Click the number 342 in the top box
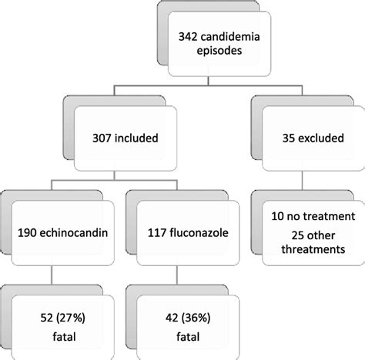coord(188,37)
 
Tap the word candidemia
coord(230,37)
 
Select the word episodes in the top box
coord(219,51)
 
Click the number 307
coord(102,138)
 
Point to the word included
coord(136,138)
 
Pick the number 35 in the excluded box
coord(289,138)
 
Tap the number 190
coord(27,233)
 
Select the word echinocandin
coord(74,232)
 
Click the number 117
coord(157,233)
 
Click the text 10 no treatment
coord(313,216)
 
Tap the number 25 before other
coord(298,235)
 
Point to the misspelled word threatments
coord(313,249)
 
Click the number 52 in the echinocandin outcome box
coord(47,318)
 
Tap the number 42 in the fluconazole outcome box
coord(172,318)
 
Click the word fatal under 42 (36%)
coord(188,336)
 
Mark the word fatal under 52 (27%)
coord(64,336)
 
